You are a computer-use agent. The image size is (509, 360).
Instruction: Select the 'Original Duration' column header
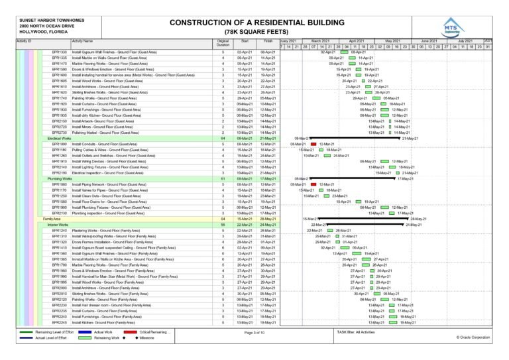pos(223,43)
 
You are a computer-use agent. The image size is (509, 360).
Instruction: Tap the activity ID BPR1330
pos(59,52)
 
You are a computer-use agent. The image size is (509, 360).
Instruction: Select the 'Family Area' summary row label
pos(52,218)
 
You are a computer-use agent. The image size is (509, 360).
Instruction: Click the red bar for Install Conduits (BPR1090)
pos(311,144)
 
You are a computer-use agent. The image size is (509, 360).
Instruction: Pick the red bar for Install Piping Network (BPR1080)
pos(313,184)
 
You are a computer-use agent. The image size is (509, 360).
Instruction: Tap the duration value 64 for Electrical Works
pos(223,139)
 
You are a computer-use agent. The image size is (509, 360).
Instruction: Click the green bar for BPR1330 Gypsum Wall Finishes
pos(343,52)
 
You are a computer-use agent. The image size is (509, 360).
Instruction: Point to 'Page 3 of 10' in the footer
pos(254,331)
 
